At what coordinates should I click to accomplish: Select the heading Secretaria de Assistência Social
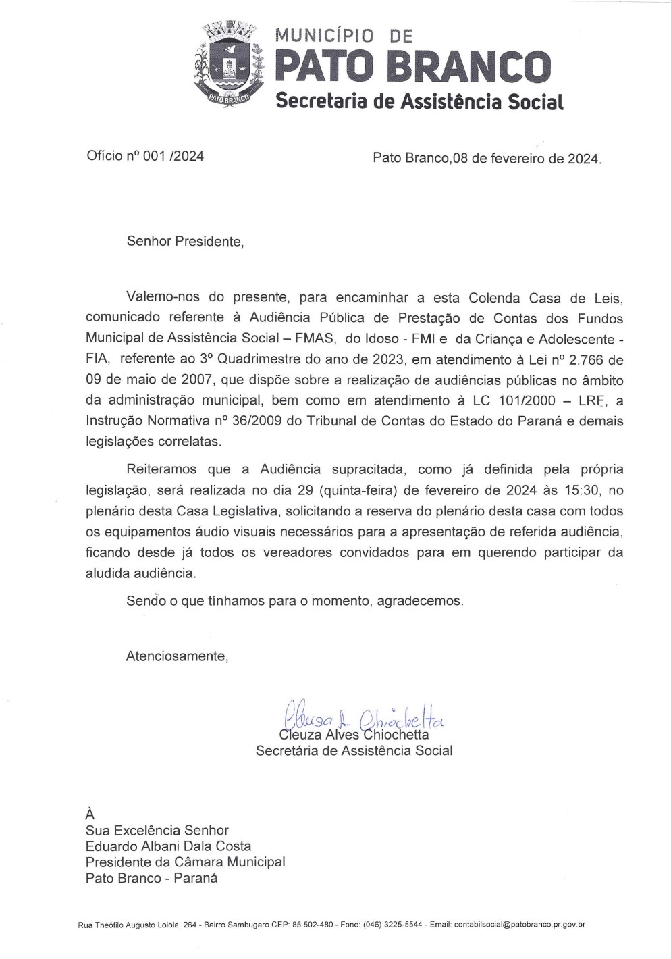click(x=419, y=101)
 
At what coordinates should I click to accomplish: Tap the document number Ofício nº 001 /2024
click(x=145, y=157)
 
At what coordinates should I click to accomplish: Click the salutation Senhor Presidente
click(x=184, y=242)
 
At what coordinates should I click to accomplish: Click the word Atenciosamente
click(x=177, y=656)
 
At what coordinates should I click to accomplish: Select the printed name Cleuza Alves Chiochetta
click(x=353, y=735)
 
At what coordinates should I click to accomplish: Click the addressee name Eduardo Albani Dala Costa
click(x=168, y=846)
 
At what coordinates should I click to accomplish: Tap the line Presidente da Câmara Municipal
click(x=185, y=862)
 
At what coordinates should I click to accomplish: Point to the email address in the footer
click(x=520, y=924)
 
